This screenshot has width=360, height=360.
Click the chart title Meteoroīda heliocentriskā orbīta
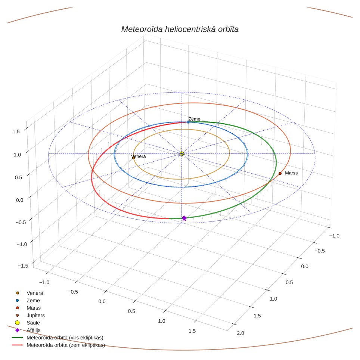[x=180, y=29]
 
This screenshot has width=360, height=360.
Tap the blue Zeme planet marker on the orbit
[x=188, y=122]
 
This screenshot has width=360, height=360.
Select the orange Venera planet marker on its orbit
[x=133, y=158]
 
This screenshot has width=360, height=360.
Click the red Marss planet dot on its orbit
[x=280, y=173]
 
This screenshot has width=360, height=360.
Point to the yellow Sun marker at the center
[x=181, y=153]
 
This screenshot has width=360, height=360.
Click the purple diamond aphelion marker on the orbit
[x=184, y=218]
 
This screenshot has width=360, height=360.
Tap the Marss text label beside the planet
[x=291, y=173]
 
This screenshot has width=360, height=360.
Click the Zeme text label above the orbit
[x=194, y=119]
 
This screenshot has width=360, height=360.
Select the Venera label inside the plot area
[x=139, y=156]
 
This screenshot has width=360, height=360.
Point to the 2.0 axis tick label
[x=240, y=333]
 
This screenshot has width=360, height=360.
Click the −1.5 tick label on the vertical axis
[x=23, y=266]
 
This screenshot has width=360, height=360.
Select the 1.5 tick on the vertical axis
[x=16, y=131]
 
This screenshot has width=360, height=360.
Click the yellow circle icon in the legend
[x=17, y=323]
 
